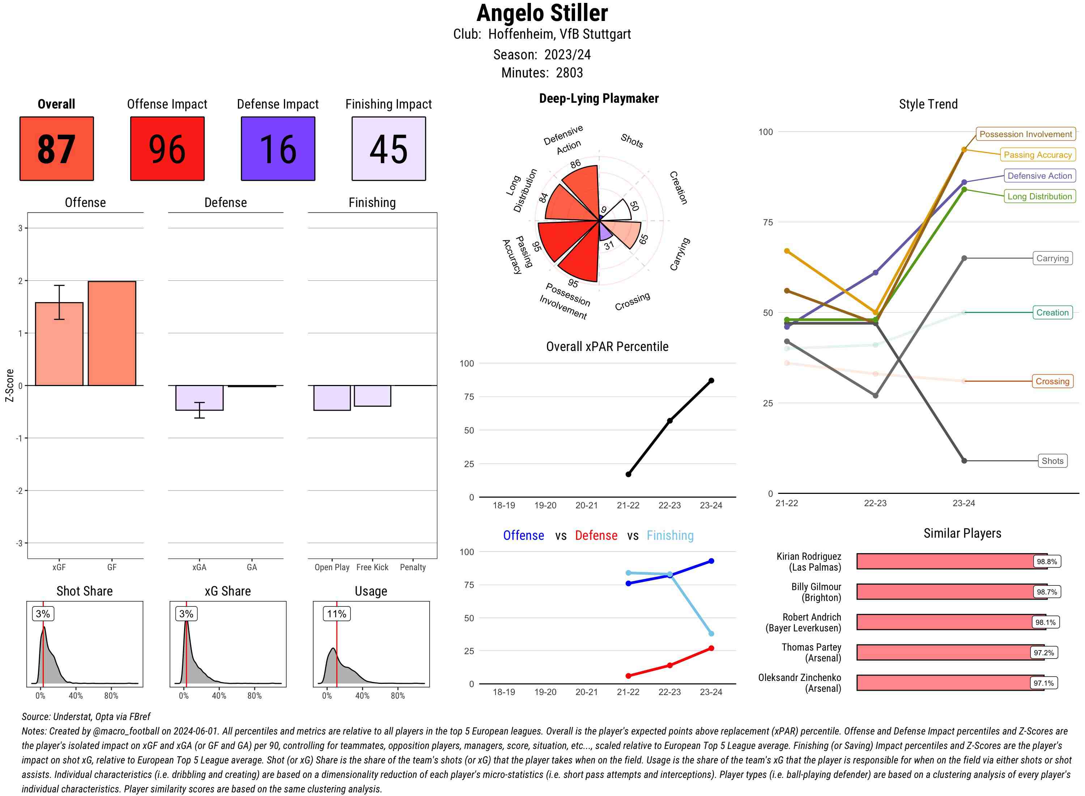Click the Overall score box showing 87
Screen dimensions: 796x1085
point(56,148)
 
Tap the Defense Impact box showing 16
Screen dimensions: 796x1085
point(278,148)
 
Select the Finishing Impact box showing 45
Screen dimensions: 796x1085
point(389,148)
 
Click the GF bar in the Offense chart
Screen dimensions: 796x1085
point(112,333)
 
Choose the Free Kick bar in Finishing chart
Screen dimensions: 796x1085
point(372,395)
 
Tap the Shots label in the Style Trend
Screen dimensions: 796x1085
point(1052,461)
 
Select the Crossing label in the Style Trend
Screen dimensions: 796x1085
point(1052,381)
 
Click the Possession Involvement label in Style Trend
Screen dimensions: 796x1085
point(1025,134)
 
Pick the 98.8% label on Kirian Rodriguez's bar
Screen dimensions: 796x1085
point(1046,561)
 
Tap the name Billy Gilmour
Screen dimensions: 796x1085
point(816,587)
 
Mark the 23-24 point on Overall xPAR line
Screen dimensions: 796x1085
point(711,381)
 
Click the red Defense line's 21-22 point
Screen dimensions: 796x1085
point(628,676)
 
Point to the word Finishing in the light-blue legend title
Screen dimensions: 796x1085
point(670,535)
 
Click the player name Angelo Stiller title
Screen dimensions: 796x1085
point(542,13)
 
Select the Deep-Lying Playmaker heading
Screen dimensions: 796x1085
point(599,98)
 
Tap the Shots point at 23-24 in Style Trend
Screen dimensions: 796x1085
point(963,461)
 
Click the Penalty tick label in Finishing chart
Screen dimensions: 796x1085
point(413,567)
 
